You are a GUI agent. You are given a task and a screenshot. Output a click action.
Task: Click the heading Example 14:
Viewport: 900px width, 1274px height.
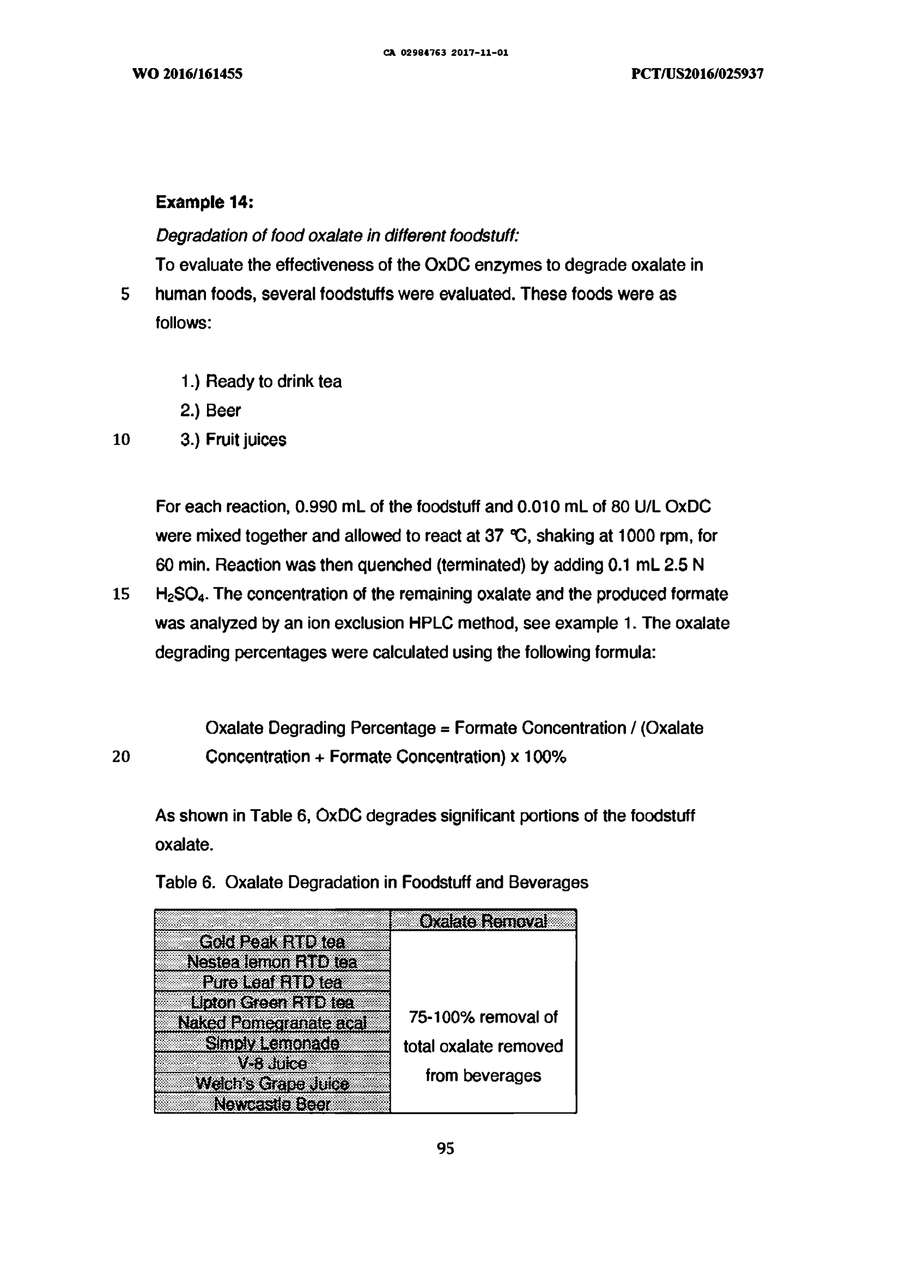(x=204, y=203)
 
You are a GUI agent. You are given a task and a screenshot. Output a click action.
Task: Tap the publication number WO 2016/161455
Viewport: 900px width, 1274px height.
(x=187, y=74)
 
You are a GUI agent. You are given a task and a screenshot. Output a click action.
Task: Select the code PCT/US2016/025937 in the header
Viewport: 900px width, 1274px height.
(x=697, y=74)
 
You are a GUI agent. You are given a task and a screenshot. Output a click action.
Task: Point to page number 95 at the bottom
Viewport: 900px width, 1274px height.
(x=445, y=1148)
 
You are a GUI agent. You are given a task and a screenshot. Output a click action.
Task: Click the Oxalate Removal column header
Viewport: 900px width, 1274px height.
(x=483, y=921)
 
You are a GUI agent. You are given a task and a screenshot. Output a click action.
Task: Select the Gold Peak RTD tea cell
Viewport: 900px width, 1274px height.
(x=272, y=942)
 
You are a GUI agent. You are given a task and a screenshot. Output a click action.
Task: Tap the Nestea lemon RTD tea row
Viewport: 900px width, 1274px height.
(x=272, y=962)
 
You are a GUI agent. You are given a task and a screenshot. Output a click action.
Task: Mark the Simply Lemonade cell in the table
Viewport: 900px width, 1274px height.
(x=272, y=1043)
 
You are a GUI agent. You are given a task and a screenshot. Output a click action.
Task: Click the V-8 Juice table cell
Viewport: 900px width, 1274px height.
(x=272, y=1063)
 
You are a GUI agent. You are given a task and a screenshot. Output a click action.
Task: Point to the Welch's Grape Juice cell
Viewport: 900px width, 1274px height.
(x=272, y=1084)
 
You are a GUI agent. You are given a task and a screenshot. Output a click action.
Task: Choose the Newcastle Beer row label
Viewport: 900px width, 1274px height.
(x=272, y=1104)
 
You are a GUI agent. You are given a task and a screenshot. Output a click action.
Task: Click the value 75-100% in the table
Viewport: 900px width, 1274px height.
(x=442, y=1017)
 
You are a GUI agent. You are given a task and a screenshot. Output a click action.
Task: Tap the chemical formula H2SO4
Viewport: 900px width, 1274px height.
(x=181, y=595)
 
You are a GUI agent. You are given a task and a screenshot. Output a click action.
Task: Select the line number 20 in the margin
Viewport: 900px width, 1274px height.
(x=121, y=756)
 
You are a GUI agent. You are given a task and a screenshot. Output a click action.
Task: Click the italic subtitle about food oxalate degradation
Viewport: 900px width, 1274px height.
(x=337, y=236)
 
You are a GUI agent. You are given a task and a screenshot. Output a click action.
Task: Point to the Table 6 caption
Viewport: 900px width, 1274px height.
(x=371, y=882)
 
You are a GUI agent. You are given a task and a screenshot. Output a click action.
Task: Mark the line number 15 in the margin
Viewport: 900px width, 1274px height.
(x=121, y=594)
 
